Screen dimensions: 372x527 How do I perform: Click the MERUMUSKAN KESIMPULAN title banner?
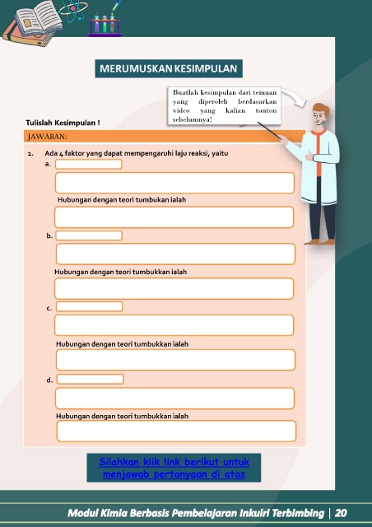click(x=169, y=68)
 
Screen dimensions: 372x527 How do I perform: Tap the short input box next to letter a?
click(x=88, y=165)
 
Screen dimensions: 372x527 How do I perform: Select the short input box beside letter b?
click(x=89, y=236)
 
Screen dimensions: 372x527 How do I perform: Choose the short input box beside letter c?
click(x=89, y=306)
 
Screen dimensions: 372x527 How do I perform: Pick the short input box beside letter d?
click(x=90, y=379)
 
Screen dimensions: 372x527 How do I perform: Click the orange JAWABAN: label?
click(x=47, y=137)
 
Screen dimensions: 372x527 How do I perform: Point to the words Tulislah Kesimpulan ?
click(x=63, y=123)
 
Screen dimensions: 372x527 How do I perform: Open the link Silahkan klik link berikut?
click(x=174, y=468)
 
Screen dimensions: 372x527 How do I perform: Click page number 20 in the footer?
click(x=341, y=513)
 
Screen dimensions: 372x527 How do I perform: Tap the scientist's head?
click(x=319, y=114)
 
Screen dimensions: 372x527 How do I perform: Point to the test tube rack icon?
click(x=105, y=25)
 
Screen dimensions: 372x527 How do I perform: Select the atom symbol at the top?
click(x=73, y=9)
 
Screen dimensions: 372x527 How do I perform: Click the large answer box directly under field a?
click(x=174, y=183)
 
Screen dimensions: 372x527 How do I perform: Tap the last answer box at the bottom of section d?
click(x=176, y=431)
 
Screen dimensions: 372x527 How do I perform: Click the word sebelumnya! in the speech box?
click(x=193, y=119)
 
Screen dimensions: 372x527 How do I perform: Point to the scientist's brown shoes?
click(x=319, y=241)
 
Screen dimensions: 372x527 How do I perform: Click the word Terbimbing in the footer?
click(x=298, y=513)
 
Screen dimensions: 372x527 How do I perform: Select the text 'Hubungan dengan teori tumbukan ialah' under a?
click(x=122, y=200)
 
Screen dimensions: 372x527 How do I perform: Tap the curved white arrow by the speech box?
click(x=295, y=96)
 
